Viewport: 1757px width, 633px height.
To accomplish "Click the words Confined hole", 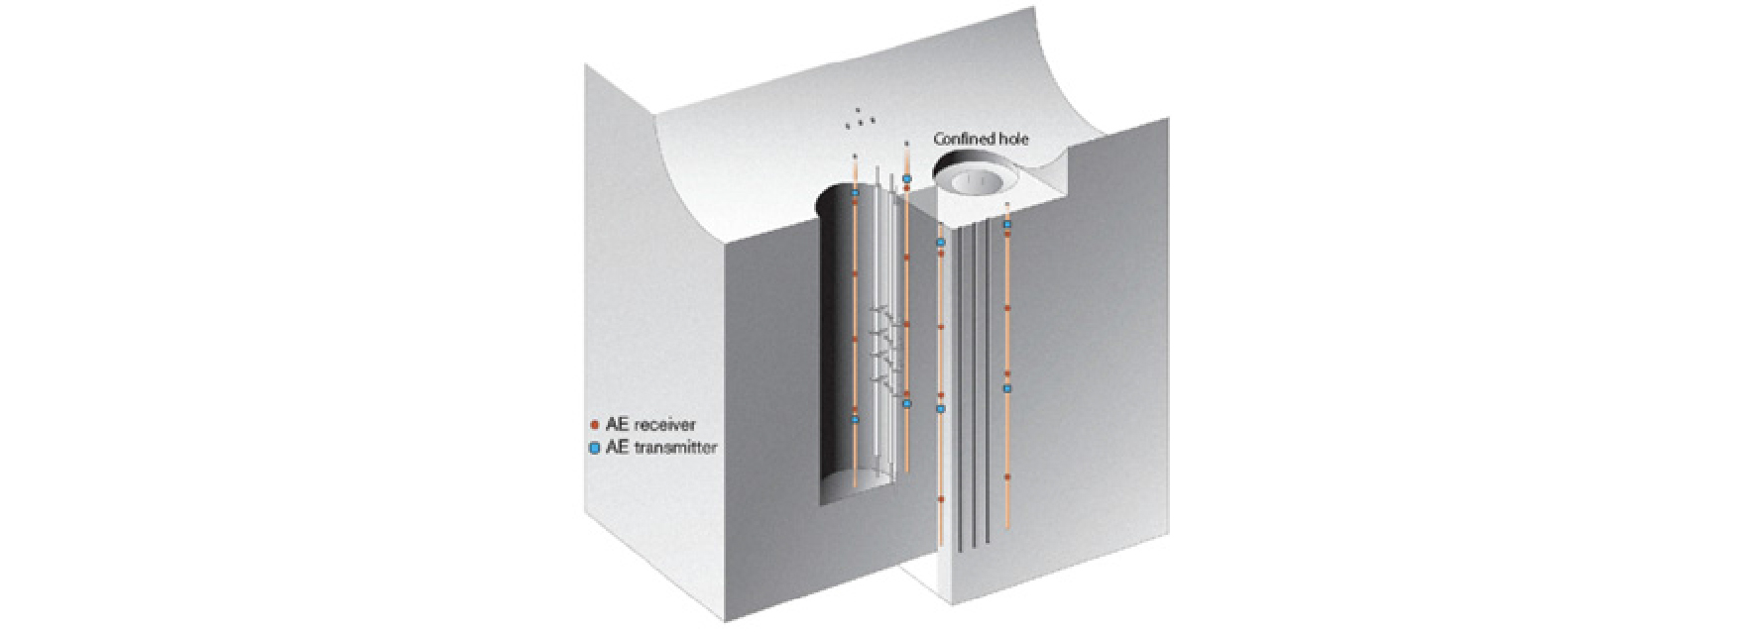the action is (981, 140).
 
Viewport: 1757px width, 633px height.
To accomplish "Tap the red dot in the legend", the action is (594, 425).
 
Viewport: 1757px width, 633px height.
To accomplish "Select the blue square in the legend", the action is (594, 448).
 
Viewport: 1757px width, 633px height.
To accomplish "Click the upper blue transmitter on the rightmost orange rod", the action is (1006, 225).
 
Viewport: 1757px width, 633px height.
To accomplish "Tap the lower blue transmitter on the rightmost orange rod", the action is (1006, 389).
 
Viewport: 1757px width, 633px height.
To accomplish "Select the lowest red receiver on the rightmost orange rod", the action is (1006, 477).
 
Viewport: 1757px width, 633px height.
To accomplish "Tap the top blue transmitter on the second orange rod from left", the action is (906, 179).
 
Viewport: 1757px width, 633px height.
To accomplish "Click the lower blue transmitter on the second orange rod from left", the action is (906, 403).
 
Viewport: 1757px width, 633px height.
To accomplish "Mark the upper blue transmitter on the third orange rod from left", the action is (941, 242).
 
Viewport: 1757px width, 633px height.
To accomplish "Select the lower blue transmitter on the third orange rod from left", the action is (941, 408).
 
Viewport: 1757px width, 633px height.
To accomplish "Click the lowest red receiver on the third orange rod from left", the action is (941, 499).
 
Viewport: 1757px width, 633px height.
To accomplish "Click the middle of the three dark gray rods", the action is (975, 385).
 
